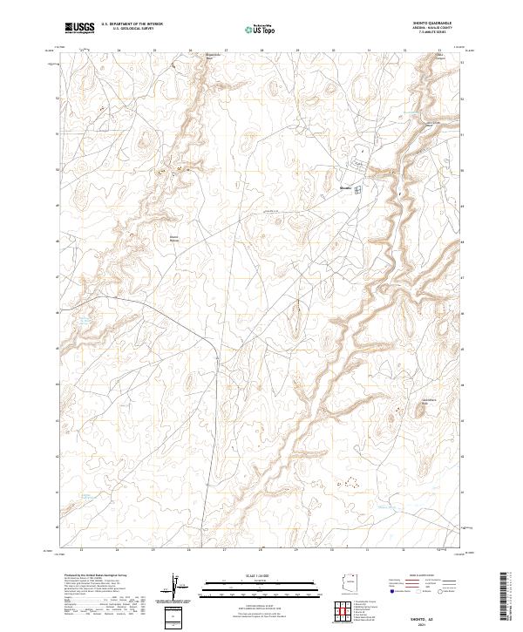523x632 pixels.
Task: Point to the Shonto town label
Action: [x=345, y=187]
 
